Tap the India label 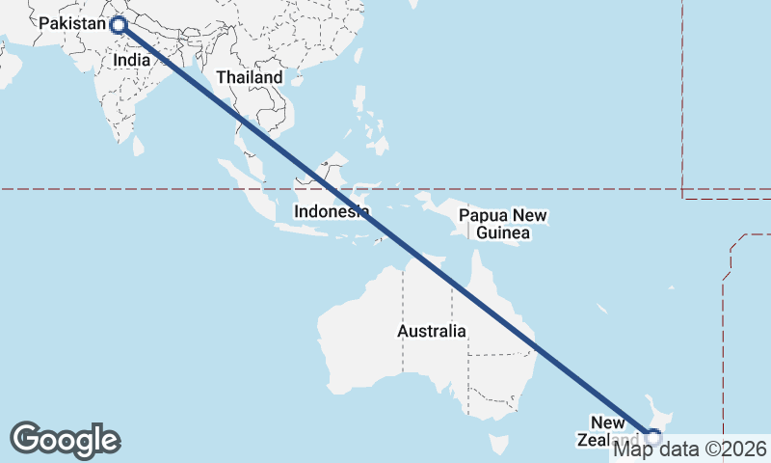click(x=131, y=60)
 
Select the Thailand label click(x=250, y=77)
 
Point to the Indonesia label click(x=331, y=211)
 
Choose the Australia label click(x=431, y=331)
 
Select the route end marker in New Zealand click(x=653, y=437)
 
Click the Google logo click(x=65, y=440)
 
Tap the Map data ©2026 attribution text click(x=690, y=449)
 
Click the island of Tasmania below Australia click(x=497, y=444)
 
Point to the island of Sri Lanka click(x=138, y=146)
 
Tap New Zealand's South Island click(x=617, y=453)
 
